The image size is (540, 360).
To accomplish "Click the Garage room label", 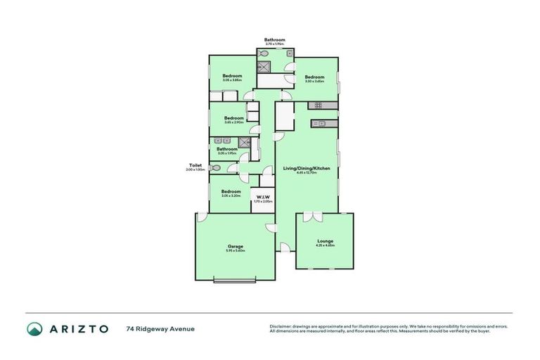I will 235,246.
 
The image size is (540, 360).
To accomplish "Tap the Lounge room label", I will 325,240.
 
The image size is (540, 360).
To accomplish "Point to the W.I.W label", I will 262,196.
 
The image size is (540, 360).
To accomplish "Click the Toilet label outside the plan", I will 195,165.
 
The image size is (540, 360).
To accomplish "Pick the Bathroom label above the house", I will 274,39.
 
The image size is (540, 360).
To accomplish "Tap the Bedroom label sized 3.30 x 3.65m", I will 314,77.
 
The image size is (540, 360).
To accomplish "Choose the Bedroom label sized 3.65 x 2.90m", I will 233,117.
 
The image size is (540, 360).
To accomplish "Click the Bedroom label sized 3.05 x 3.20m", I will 231,191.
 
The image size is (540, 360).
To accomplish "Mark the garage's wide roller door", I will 235,281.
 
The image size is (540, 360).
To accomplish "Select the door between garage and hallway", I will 271,226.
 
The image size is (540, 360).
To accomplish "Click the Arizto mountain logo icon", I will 34,328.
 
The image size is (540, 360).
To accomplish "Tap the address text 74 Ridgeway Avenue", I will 160,328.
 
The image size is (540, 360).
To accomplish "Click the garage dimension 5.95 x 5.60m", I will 235,251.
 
